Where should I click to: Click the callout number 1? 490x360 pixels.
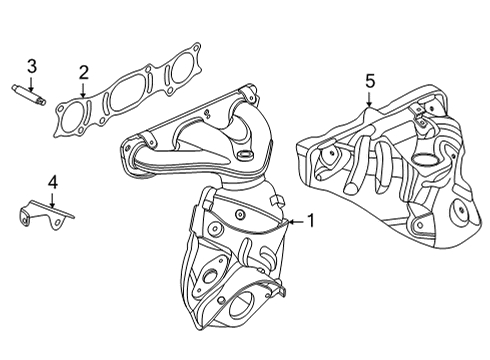pyautogui.click(x=310, y=221)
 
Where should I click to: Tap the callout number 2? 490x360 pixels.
pyautogui.click(x=83, y=71)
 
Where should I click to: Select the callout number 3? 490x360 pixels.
pyautogui.click(x=32, y=66)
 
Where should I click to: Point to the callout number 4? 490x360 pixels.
pyautogui.click(x=53, y=182)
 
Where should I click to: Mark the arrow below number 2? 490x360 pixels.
pyautogui.click(x=83, y=90)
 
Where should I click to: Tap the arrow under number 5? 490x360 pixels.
pyautogui.click(x=369, y=103)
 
